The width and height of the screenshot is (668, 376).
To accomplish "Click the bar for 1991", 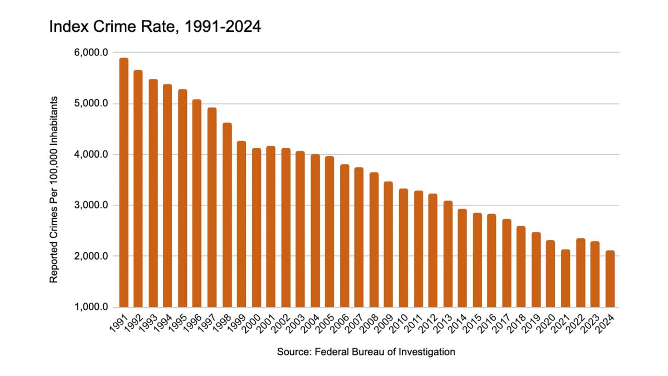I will pyautogui.click(x=124, y=183).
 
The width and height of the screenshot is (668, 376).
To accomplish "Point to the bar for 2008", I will pyautogui.click(x=374, y=240).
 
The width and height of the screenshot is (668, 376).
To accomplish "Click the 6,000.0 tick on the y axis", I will pyautogui.click(x=92, y=53).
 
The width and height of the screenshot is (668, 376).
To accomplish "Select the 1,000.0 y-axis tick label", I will pyautogui.click(x=92, y=307).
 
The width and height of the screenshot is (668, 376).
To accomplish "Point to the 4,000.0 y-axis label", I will pyautogui.click(x=92, y=155).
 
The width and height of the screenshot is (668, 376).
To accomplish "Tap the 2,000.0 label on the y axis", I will pyautogui.click(x=92, y=256).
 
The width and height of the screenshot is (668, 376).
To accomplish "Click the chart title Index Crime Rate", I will pyautogui.click(x=154, y=27).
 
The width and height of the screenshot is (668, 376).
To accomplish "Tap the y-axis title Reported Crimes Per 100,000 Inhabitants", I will pyautogui.click(x=54, y=190).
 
